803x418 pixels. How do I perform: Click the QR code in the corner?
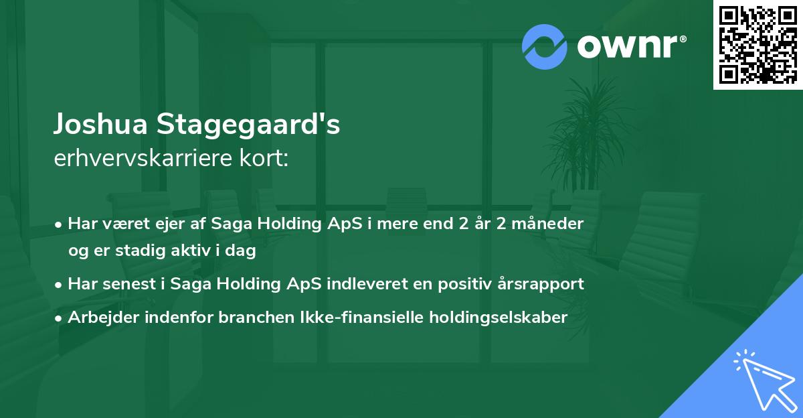pyautogui.click(x=757, y=44)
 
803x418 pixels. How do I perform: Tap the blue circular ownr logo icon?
pyautogui.click(x=545, y=47)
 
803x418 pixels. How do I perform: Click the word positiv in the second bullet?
pyautogui.click(x=468, y=284)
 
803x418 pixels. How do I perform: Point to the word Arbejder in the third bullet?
pyautogui.click(x=98, y=318)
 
